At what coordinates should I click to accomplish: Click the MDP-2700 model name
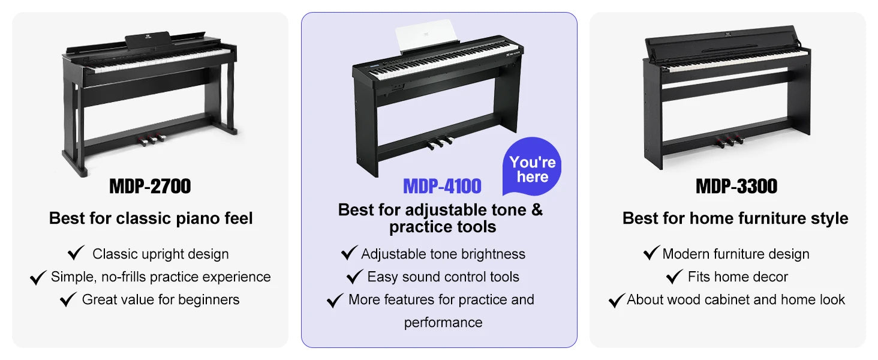[x=150, y=186]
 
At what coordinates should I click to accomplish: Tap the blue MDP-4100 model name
[x=442, y=186]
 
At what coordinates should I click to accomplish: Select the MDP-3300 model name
[x=736, y=186]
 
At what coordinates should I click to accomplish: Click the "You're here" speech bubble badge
[x=532, y=166]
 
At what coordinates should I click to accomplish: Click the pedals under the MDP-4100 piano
[x=440, y=142]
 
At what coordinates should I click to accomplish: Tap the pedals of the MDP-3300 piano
[x=729, y=141]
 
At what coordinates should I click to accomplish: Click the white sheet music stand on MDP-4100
[x=426, y=35]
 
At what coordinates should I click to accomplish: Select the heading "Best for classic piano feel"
[x=151, y=218]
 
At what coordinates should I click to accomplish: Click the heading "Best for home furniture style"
[x=735, y=218]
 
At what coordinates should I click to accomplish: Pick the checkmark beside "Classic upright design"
[x=76, y=253]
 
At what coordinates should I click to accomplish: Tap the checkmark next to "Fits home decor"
[x=675, y=276]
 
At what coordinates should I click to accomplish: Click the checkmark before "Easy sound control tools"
[x=355, y=276]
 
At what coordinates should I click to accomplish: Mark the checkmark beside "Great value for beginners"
[x=68, y=299]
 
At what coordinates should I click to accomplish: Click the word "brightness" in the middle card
[x=493, y=254]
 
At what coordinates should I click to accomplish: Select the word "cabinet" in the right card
[x=725, y=299]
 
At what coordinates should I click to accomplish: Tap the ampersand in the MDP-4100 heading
[x=537, y=210]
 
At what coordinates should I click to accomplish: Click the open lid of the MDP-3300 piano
[x=721, y=43]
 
